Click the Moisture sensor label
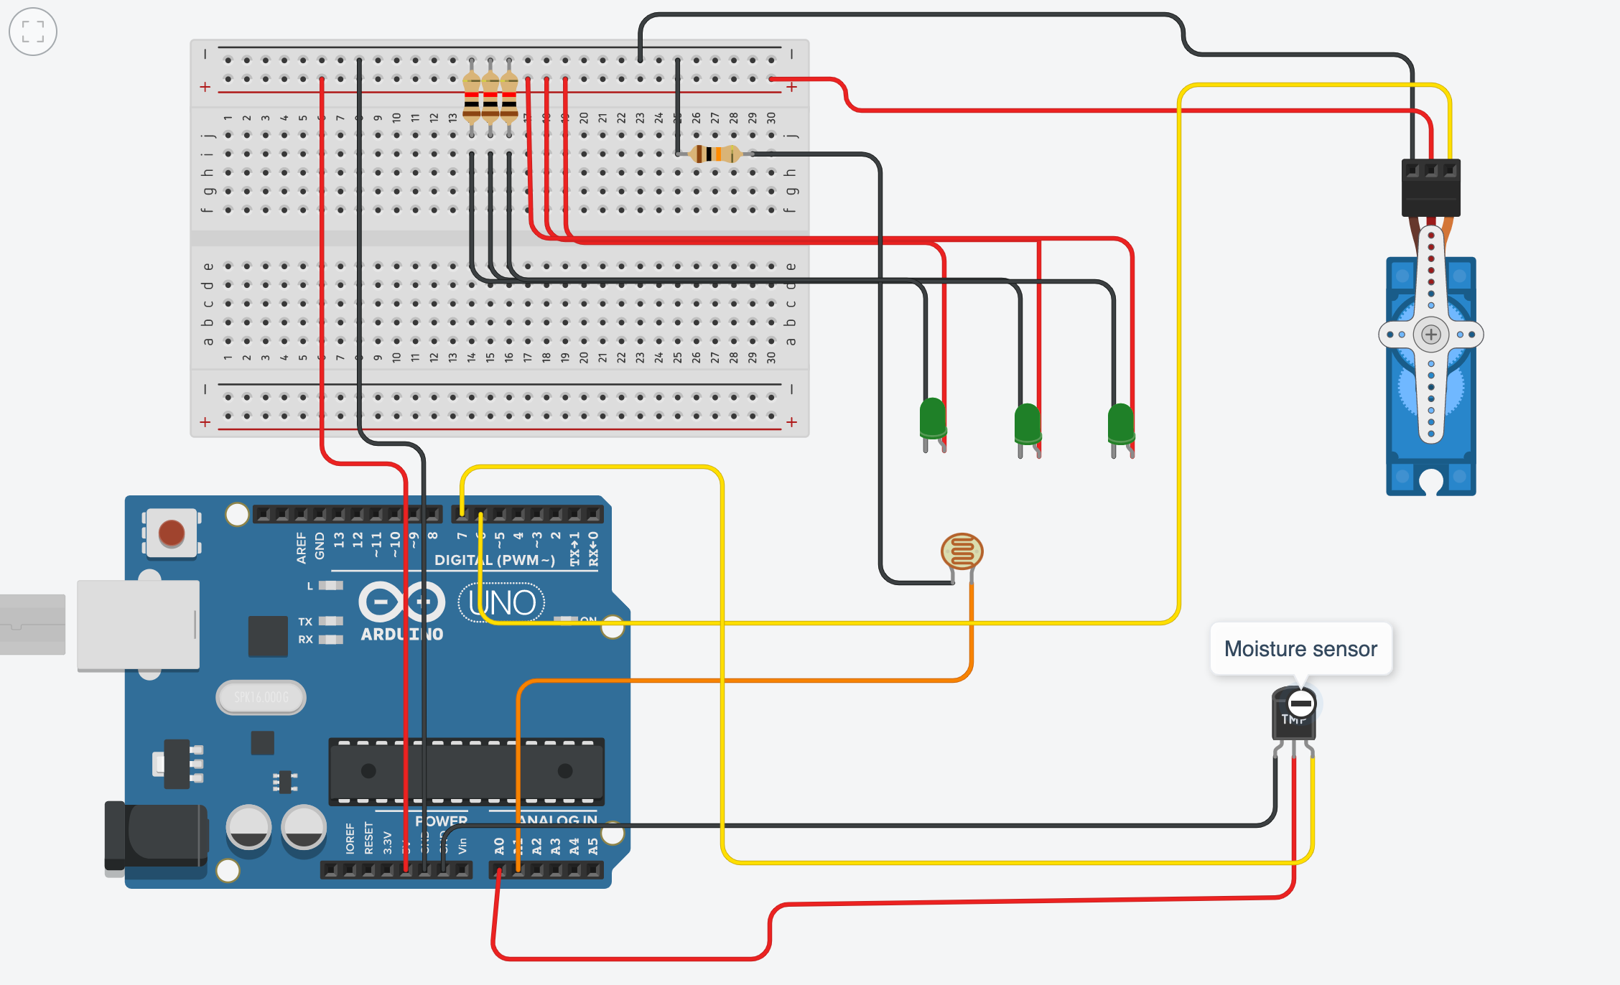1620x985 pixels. coord(1300,649)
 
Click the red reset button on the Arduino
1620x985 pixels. coord(171,533)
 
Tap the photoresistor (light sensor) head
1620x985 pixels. coord(962,551)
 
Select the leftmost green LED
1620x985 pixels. coord(933,418)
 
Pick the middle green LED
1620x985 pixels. coord(1027,424)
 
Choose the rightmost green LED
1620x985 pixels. coord(1120,424)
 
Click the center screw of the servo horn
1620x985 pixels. coord(1430,335)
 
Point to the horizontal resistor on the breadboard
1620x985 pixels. coord(714,154)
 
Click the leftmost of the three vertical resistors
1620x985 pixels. coord(472,100)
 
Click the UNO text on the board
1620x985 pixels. coord(503,603)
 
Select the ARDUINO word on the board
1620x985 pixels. coord(401,635)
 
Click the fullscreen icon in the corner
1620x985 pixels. coord(33,32)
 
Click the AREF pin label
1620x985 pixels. coord(302,547)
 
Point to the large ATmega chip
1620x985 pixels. coord(466,772)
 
